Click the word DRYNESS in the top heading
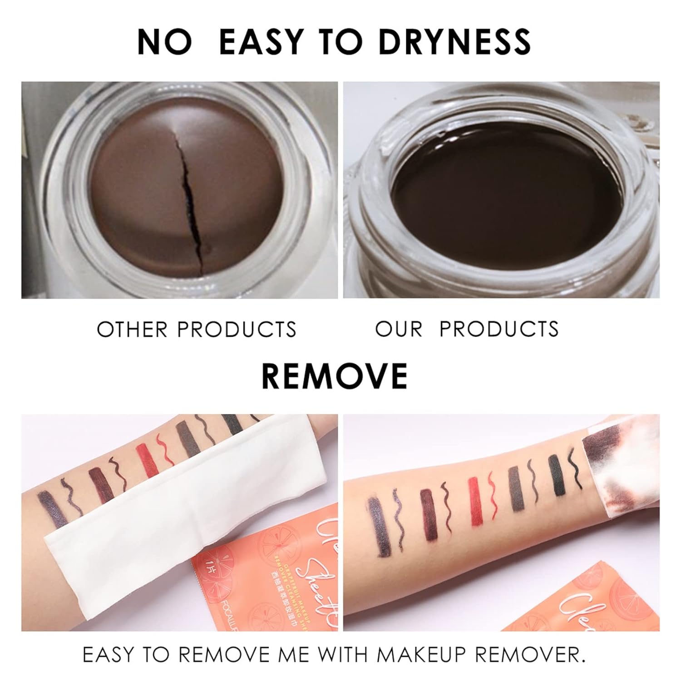click(454, 41)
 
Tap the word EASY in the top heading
click(261, 41)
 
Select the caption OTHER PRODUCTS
click(196, 329)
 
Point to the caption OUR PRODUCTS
click(467, 329)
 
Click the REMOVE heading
click(335, 376)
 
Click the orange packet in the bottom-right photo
click(608, 599)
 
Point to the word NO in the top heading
click(164, 41)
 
